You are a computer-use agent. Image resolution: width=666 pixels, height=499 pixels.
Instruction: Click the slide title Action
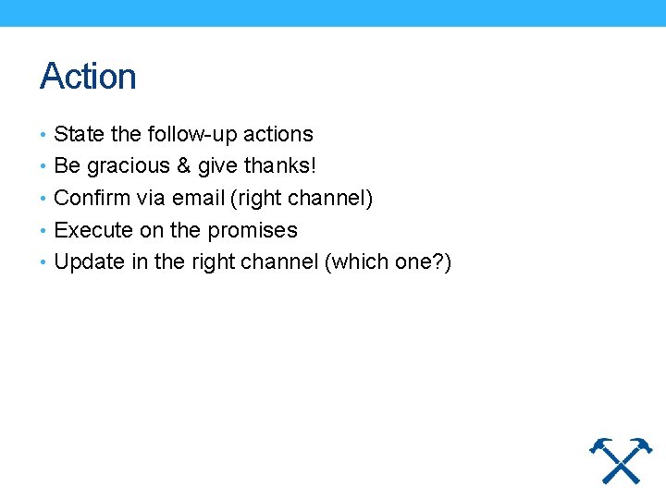88,76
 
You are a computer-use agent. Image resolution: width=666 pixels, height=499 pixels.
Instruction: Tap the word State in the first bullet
80,134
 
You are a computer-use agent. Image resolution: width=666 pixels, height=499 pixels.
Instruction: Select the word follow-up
191,134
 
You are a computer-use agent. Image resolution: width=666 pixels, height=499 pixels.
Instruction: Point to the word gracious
128,166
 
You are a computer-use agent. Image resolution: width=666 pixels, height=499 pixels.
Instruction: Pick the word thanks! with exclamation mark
280,166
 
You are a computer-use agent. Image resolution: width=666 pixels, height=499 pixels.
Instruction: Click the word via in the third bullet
150,198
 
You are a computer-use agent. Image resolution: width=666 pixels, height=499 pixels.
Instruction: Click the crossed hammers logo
621,459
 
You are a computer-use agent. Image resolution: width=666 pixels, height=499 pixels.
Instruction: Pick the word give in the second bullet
219,166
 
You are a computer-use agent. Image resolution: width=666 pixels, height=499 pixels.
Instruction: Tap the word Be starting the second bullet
68,166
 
